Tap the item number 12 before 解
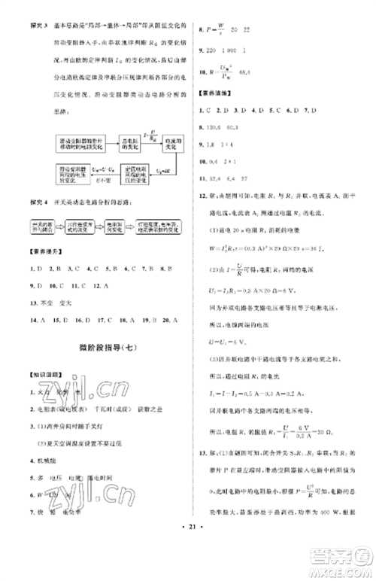point(203,197)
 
